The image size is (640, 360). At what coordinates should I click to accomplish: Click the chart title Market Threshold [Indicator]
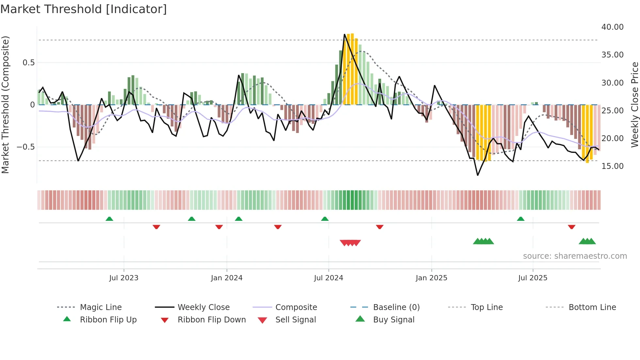click(84, 9)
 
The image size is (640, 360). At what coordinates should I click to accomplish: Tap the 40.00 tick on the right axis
click(612, 27)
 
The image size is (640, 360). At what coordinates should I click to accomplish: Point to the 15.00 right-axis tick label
click(612, 166)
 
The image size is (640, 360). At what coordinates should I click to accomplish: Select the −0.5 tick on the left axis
click(25, 147)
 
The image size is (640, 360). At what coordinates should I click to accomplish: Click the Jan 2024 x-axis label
click(227, 278)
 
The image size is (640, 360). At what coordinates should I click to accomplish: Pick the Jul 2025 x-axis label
click(533, 278)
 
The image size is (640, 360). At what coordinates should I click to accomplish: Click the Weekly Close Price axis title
click(634, 105)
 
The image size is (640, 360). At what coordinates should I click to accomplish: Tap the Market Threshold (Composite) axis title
click(5, 105)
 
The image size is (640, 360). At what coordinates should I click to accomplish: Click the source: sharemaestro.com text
click(575, 256)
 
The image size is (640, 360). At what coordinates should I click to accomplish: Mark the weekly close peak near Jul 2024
click(344, 34)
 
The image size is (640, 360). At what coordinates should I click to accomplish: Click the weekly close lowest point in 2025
click(478, 175)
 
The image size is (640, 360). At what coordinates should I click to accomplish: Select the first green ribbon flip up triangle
click(109, 219)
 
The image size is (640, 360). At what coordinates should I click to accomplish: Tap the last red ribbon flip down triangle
click(571, 227)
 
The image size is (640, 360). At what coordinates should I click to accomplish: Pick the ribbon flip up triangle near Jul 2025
click(520, 219)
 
